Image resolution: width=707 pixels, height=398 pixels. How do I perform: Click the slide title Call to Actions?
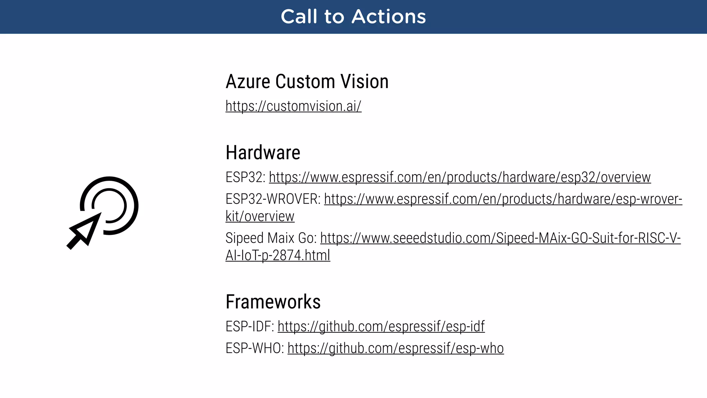click(353, 17)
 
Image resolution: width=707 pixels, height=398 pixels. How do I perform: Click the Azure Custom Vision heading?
click(307, 82)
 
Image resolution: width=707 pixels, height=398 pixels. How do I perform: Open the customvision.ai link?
click(293, 106)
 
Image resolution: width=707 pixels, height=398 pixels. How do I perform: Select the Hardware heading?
click(263, 153)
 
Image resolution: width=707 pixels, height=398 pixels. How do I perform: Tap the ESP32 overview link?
click(459, 177)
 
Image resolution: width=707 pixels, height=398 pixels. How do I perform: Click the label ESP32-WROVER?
click(273, 199)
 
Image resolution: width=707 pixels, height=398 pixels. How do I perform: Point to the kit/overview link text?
click(260, 216)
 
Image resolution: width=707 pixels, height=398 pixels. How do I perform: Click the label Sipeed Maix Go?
click(271, 238)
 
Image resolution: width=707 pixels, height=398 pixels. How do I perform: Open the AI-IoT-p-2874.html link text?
click(278, 255)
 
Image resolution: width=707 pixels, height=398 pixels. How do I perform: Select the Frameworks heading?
click(273, 302)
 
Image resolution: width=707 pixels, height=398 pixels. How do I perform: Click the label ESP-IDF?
click(250, 326)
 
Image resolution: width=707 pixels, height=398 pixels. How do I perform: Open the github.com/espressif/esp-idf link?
click(381, 326)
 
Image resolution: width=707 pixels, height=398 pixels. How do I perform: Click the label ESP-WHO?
click(255, 348)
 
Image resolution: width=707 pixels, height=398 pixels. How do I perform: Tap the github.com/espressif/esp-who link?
click(396, 348)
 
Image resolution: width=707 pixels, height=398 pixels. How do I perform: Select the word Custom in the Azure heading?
click(305, 82)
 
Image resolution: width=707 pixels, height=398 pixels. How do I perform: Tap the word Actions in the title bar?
click(389, 17)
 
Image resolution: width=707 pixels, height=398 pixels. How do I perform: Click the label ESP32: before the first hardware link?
click(245, 177)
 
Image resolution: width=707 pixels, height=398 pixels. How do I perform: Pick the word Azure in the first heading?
click(248, 82)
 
